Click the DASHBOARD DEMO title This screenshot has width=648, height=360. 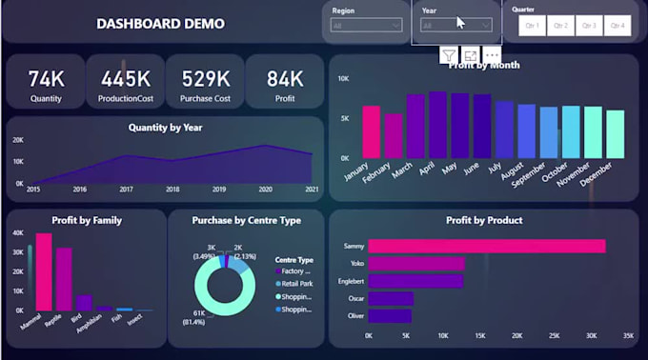(x=161, y=23)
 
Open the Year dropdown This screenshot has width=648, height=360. (x=456, y=26)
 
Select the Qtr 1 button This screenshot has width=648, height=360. (x=532, y=26)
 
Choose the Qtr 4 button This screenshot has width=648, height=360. (x=617, y=26)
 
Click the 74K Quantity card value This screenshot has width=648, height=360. (x=45, y=79)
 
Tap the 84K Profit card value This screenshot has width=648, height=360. (x=284, y=79)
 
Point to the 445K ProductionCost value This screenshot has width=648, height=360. (x=126, y=79)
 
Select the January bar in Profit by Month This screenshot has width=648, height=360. (x=372, y=131)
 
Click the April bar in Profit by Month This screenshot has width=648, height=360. (x=437, y=125)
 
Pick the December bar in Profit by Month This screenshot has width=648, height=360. (x=615, y=134)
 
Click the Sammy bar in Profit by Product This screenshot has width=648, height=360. (x=486, y=246)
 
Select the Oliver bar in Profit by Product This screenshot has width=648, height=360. (x=391, y=314)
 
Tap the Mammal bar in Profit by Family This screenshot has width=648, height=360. (x=44, y=272)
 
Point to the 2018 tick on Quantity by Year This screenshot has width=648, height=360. (x=172, y=190)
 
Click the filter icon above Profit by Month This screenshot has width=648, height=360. (x=448, y=55)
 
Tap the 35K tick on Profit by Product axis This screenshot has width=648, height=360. (x=626, y=336)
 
